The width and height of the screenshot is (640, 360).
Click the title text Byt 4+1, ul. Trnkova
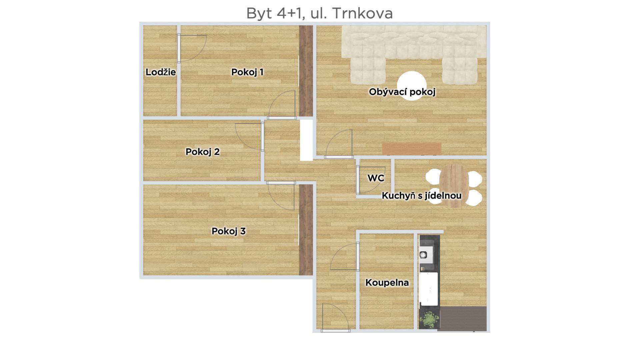319,13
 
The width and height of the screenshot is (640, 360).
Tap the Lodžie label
161,72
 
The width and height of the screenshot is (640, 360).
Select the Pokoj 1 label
247,72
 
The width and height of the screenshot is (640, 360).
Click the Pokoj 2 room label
202,152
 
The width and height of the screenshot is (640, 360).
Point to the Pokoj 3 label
229,231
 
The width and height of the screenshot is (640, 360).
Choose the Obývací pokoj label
402,92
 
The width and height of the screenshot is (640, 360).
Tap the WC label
376,178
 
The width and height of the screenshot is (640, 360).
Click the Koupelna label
387,283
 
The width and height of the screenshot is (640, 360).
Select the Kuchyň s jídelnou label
422,196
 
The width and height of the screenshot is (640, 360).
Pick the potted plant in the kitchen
429,319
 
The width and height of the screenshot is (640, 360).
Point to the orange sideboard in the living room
412,149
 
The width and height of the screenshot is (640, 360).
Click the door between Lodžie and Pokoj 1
192,48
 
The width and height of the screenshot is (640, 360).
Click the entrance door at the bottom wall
335,317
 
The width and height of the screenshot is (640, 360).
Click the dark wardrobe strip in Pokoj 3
305,230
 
